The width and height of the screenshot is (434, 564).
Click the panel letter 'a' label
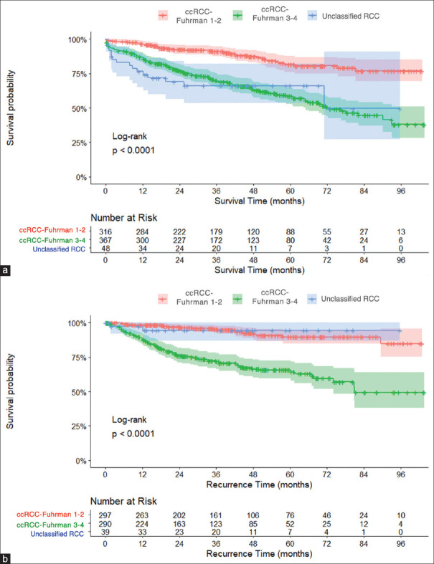click(x=6, y=271)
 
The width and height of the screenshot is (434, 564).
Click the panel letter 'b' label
click(x=6, y=556)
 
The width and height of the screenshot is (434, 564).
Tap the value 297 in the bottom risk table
click(x=105, y=514)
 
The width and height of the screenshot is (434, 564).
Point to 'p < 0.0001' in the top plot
click(x=133, y=150)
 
